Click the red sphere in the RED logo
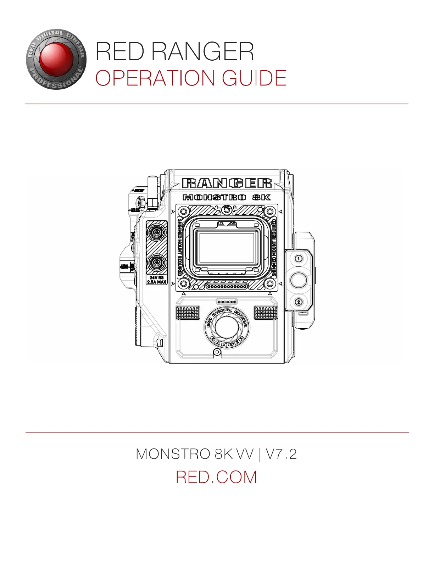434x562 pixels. (54, 59)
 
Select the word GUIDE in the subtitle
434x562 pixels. (254, 78)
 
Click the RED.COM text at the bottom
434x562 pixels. (216, 477)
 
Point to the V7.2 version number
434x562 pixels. (281, 454)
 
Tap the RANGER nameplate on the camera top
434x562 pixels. (227, 183)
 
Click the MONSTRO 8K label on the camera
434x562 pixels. (227, 197)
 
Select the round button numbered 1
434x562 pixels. (299, 259)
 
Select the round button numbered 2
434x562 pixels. (299, 302)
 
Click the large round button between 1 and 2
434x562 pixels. (299, 280)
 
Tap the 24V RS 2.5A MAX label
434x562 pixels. (157, 280)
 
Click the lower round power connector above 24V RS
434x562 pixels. (156, 263)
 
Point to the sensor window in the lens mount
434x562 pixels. (227, 247)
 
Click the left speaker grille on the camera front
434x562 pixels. (188, 313)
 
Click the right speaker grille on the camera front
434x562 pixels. (266, 313)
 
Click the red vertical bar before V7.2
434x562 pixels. (260, 454)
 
